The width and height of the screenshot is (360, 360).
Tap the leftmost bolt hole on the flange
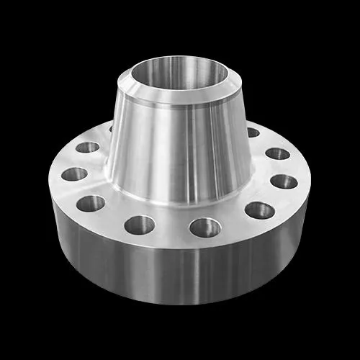[x=74, y=174]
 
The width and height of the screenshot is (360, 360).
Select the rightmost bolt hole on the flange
[x=284, y=181]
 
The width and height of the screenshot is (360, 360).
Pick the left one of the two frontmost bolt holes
[x=140, y=225]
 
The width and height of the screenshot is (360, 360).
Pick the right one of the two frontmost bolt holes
[x=205, y=228]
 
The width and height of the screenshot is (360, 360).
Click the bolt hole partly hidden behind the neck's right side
[x=253, y=132]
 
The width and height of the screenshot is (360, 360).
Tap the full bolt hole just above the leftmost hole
[x=88, y=147]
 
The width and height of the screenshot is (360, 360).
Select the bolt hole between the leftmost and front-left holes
[x=91, y=203]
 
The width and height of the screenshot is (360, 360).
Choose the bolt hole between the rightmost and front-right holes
[x=259, y=210]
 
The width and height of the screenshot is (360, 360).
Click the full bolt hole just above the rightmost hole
[x=277, y=153]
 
